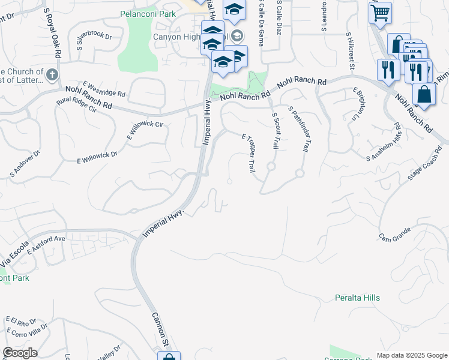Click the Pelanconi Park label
coord(146,13)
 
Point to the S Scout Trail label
coord(276,131)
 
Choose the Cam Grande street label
coord(394,232)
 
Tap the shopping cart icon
coord(380,12)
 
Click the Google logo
coord(20,353)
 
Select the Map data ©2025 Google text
coord(412,355)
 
